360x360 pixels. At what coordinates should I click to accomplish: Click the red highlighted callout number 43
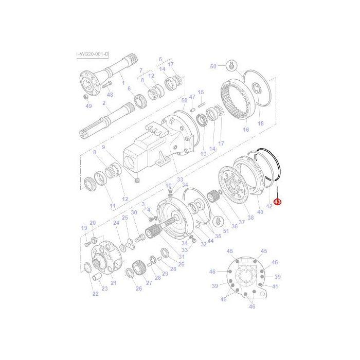tap(277, 202)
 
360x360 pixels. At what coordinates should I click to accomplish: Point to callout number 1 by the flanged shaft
tap(122, 83)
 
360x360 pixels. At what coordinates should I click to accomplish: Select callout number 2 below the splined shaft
tap(104, 103)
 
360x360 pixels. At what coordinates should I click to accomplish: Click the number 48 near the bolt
tap(110, 94)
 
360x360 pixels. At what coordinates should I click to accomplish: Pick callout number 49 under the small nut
tap(89, 106)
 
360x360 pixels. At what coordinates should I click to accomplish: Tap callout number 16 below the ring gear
tap(246, 130)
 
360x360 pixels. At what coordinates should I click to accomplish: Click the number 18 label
tap(260, 123)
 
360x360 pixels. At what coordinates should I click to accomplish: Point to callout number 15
tap(201, 92)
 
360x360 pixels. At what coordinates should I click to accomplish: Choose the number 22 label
tap(95, 294)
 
